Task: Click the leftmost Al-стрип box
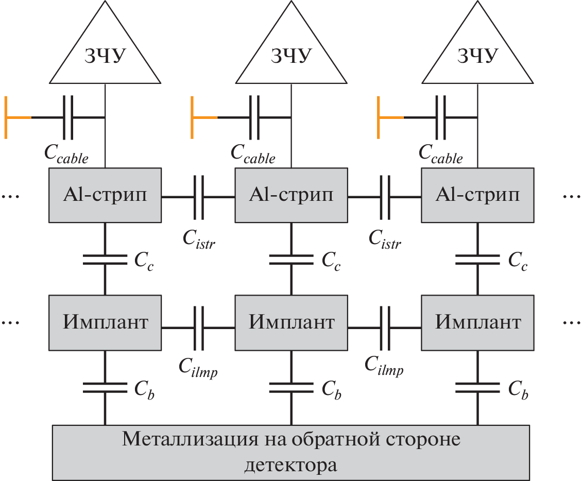[x=105, y=195]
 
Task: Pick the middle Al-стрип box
[x=291, y=195]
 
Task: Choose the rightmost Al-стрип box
[x=477, y=195]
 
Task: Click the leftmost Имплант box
[x=105, y=322]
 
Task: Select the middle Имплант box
[x=291, y=322]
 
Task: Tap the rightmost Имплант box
[x=477, y=322]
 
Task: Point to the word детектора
[x=291, y=466]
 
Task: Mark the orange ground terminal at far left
[x=8, y=118]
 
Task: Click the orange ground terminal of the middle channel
[x=194, y=118]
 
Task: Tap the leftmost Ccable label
[x=66, y=153]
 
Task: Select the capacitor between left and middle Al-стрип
[x=198, y=196]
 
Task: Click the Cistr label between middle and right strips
[x=385, y=238]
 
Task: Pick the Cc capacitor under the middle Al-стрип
[x=291, y=260]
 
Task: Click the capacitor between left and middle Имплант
[x=198, y=323]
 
